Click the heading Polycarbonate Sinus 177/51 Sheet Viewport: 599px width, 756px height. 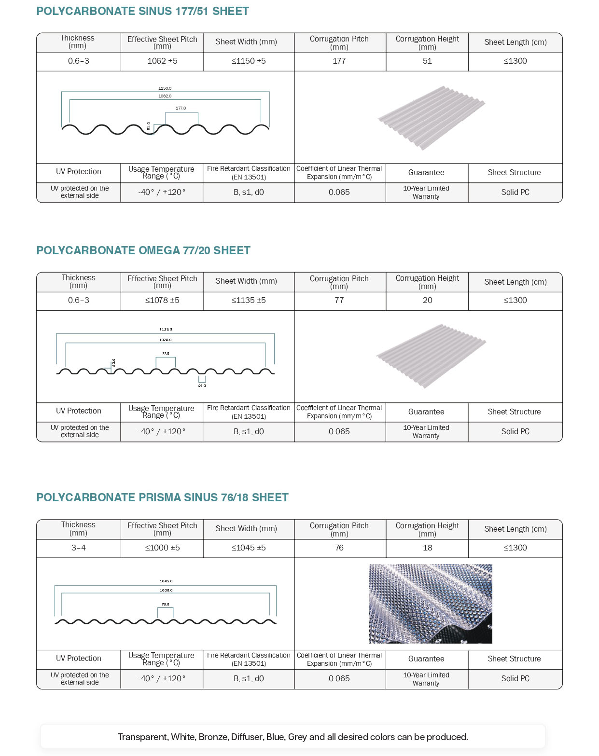(x=142, y=11)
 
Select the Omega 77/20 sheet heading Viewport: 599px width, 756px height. (x=143, y=250)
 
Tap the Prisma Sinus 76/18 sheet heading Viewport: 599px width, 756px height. (x=162, y=497)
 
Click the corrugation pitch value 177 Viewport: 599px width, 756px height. (x=339, y=61)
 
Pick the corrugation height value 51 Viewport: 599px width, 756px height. (x=427, y=61)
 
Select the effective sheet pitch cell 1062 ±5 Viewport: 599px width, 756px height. (x=162, y=61)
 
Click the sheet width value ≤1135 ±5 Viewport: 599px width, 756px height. (x=249, y=301)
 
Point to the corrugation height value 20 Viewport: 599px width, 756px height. (x=427, y=301)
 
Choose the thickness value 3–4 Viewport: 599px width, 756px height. (x=78, y=548)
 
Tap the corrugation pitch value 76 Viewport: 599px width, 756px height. (x=339, y=548)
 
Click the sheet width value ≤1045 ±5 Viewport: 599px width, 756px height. (x=249, y=548)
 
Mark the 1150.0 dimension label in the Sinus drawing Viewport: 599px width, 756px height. (x=165, y=88)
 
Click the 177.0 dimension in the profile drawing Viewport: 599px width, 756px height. (x=181, y=108)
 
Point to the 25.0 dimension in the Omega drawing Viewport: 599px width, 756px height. (x=202, y=386)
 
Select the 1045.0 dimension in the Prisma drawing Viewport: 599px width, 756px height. (x=166, y=581)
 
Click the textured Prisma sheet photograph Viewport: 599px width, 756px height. (x=431, y=604)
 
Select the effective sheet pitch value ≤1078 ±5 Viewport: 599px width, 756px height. (x=162, y=301)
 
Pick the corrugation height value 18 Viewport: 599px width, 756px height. (x=427, y=548)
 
